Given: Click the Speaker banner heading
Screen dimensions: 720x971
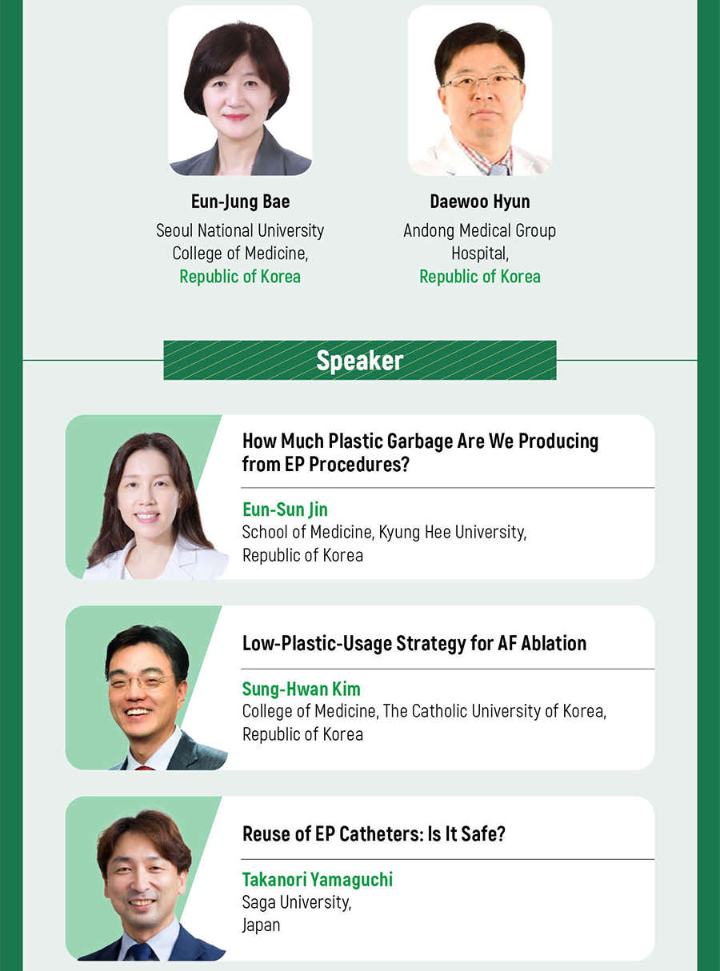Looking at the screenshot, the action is click(x=359, y=361).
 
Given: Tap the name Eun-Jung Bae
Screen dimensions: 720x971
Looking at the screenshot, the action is click(x=241, y=202).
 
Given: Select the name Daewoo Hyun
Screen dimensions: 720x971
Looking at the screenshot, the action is click(x=480, y=202).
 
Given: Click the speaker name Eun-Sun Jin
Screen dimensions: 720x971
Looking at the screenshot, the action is click(x=285, y=509).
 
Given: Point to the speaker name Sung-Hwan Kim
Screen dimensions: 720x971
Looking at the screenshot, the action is click(x=302, y=689).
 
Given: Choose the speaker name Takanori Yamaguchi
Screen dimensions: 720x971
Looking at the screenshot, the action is click(x=318, y=880).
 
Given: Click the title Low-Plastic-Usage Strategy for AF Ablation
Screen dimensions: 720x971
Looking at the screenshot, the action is click(x=414, y=643).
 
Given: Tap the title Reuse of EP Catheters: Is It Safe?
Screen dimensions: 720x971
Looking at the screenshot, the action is click(x=374, y=833).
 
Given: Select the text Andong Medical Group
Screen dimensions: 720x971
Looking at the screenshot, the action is click(x=479, y=230).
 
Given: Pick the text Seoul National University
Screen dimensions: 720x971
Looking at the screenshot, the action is click(x=240, y=230).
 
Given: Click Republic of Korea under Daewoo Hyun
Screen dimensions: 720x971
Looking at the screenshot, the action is click(x=480, y=277).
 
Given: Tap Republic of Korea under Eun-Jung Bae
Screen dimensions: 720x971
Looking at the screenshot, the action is click(x=240, y=277).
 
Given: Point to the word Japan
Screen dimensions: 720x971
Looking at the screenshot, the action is click(x=261, y=925).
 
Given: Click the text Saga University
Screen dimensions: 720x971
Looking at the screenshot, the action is click(x=297, y=902).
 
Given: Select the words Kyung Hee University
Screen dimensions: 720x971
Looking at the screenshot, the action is click(x=452, y=533).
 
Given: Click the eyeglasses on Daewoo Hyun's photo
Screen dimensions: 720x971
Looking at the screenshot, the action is click(x=481, y=82).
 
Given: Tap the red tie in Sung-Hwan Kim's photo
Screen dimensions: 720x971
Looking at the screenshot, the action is click(x=145, y=768).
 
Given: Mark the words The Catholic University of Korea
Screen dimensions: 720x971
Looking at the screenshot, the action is click(x=494, y=711).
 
